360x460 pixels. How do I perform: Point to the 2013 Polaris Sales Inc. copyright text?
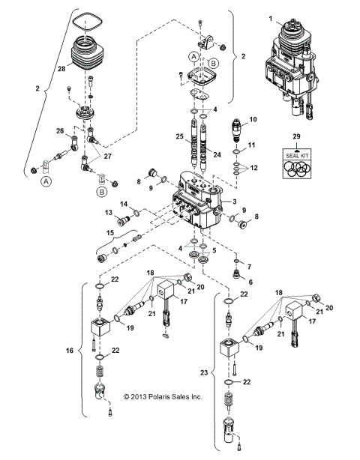click(x=163, y=396)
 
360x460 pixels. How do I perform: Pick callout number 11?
click(x=253, y=145)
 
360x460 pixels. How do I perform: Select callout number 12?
click(x=253, y=167)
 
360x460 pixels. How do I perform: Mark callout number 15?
click(x=110, y=234)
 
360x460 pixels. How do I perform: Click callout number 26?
click(x=61, y=130)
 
